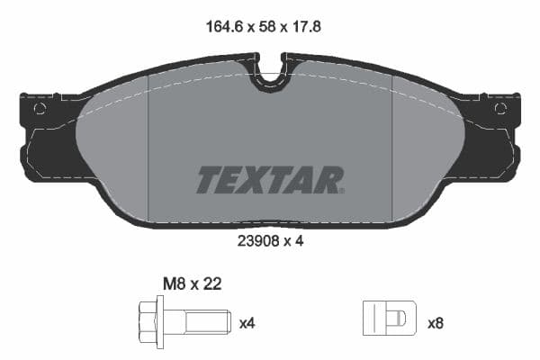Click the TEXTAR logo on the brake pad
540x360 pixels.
(269, 179)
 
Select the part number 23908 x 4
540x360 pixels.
(269, 241)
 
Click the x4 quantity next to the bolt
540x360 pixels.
(247, 321)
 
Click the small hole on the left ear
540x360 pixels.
(39, 109)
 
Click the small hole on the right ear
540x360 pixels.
(500, 109)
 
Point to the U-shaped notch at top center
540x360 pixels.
(269, 76)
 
